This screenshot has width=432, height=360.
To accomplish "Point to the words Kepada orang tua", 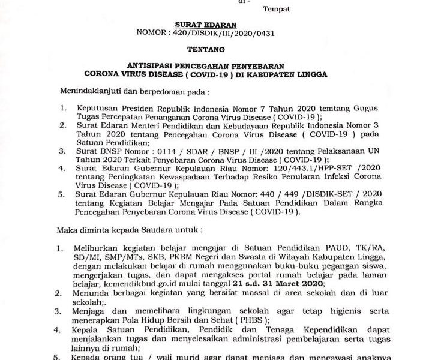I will coord(105,356).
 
